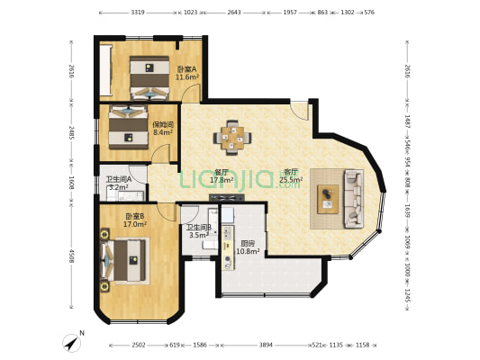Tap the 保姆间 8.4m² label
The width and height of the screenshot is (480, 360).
(x=163, y=129)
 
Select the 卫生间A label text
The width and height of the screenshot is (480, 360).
(x=118, y=179)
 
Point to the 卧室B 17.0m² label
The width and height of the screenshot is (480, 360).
(x=135, y=220)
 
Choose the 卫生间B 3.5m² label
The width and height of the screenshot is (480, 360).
(x=198, y=231)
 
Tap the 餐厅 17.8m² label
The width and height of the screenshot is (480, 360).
(x=222, y=176)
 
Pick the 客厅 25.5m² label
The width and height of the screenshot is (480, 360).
(x=291, y=175)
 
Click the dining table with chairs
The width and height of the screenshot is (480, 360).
(x=232, y=138)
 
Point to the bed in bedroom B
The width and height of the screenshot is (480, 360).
(x=122, y=261)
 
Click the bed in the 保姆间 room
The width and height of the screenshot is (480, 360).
(x=129, y=127)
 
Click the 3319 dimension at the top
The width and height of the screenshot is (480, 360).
(x=138, y=13)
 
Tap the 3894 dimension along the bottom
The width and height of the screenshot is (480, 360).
(x=265, y=345)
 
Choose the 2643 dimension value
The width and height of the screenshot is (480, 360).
(x=233, y=13)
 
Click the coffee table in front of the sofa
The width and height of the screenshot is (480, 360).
(x=328, y=196)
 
